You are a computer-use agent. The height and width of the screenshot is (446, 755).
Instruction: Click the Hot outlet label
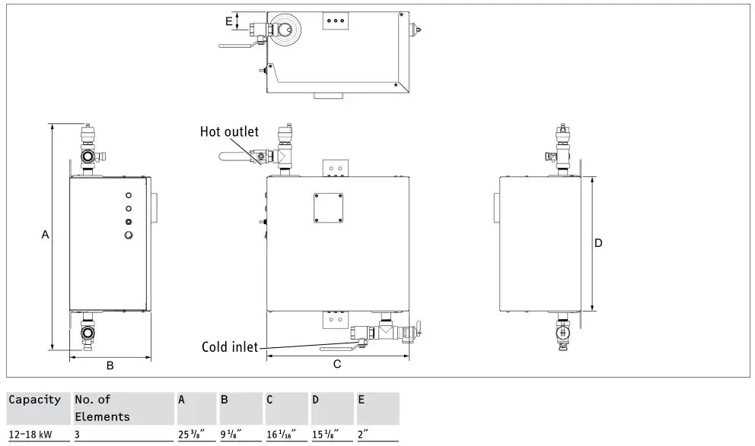(229, 131)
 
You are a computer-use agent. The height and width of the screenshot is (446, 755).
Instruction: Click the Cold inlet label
(230, 347)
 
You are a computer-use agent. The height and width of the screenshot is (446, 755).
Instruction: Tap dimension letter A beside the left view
(45, 236)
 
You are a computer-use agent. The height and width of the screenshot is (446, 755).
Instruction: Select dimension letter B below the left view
(110, 365)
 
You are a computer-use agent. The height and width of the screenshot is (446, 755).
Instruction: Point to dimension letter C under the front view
(337, 365)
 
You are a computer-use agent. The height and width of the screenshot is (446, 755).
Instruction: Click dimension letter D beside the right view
(598, 243)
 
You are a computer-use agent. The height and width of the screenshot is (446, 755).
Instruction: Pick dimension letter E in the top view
(229, 21)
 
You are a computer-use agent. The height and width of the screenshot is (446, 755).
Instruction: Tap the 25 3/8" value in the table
(189, 435)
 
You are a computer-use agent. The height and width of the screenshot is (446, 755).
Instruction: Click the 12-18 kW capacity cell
(30, 435)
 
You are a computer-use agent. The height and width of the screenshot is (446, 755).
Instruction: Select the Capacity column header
(35, 400)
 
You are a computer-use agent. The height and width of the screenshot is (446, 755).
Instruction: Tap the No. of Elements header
(102, 408)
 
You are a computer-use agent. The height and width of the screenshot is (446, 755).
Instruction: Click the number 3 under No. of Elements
(78, 435)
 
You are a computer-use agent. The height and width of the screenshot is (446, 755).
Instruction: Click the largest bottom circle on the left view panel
(128, 236)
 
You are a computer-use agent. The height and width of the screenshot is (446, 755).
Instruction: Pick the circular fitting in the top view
(287, 30)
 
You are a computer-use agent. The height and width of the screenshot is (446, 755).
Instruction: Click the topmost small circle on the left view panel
(128, 195)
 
